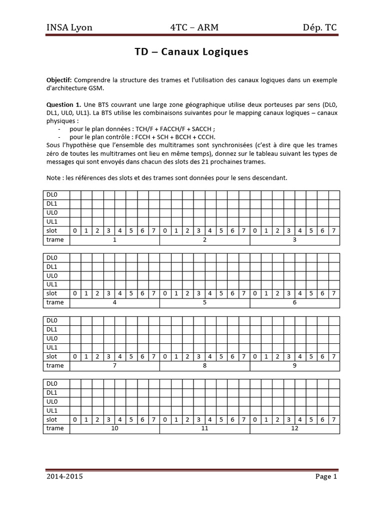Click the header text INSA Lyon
pos(69,27)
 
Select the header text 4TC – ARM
pos(194,27)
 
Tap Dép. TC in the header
pos(320,27)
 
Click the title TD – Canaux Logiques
pos(191,52)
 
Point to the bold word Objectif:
pos(59,80)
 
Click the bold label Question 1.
pos(64,105)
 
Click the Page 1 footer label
pos(326,477)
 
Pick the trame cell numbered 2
pos(204,240)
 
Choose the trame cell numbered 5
pos(204,303)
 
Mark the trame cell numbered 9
pos(294,366)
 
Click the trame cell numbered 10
pos(114,429)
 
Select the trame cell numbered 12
pos(294,429)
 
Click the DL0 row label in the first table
pos(52,195)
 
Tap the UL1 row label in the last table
pos(52,411)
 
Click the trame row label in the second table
pos(55,302)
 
